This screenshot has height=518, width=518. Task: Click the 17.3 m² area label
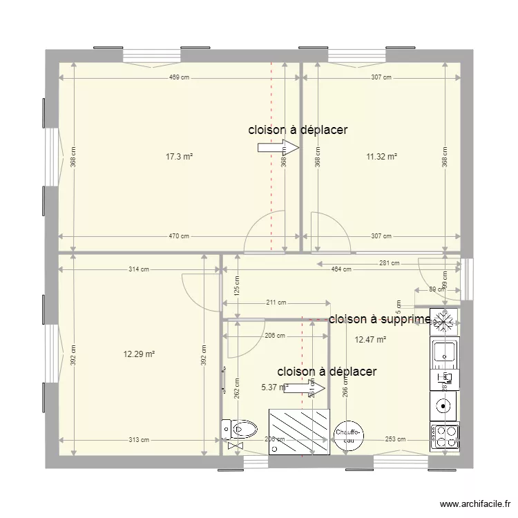pyautogui.click(x=178, y=157)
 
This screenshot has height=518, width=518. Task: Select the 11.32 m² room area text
pyautogui.click(x=381, y=157)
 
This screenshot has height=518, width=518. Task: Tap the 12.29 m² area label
pyautogui.click(x=138, y=354)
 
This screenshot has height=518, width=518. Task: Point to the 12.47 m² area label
pyautogui.click(x=370, y=339)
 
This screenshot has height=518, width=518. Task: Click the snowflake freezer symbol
pyautogui.click(x=443, y=320)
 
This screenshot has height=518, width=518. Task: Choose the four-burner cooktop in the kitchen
pyautogui.click(x=443, y=436)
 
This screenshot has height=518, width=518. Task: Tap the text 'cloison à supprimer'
pyautogui.click(x=380, y=319)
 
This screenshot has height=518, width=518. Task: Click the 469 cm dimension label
pyautogui.click(x=179, y=78)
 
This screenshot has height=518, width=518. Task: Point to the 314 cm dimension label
pyautogui.click(x=139, y=269)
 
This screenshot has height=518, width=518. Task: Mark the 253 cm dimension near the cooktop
pyautogui.click(x=395, y=439)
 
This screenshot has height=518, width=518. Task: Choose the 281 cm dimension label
pyautogui.click(x=390, y=263)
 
